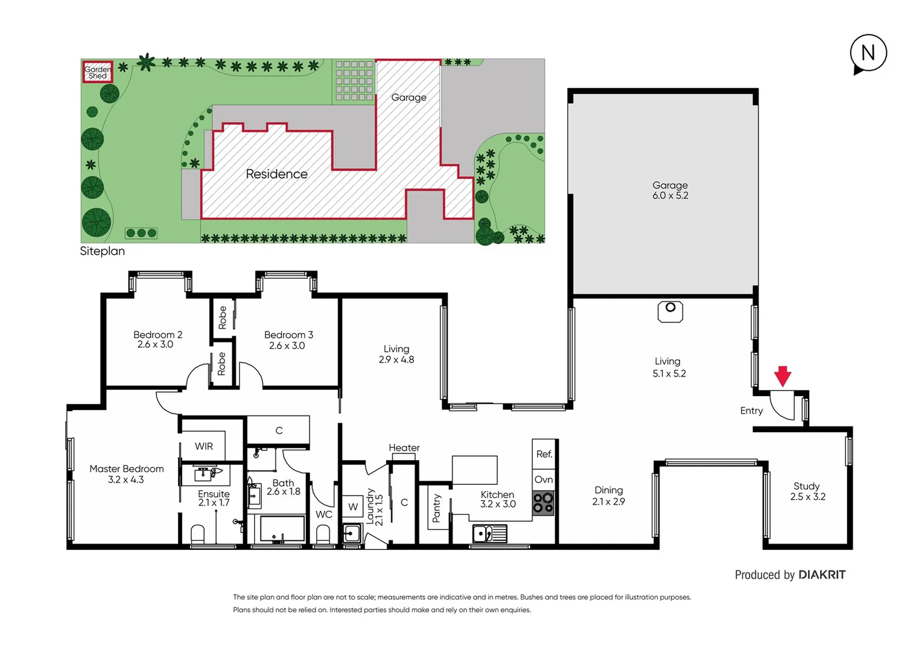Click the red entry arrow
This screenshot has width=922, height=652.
click(783, 376)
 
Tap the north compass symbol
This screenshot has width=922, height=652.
click(868, 53)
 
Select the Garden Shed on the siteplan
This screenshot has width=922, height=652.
click(97, 72)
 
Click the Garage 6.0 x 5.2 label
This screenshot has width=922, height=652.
click(670, 190)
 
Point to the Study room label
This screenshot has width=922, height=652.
click(807, 491)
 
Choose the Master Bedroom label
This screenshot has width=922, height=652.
click(126, 474)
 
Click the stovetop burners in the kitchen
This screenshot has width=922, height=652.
click(543, 502)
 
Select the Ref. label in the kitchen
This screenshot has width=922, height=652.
click(544, 454)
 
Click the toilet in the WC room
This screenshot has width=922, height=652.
click(323, 535)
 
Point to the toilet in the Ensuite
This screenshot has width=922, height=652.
click(198, 535)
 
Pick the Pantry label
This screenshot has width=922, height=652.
click(437, 508)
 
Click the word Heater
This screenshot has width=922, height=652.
click(404, 447)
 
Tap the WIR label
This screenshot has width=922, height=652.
click(203, 446)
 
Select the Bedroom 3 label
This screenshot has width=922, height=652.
click(288, 340)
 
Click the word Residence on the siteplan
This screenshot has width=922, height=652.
click(276, 174)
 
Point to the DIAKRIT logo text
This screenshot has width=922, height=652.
click(821, 575)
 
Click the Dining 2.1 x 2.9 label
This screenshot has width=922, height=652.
click(608, 496)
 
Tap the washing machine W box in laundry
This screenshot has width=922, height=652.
click(353, 507)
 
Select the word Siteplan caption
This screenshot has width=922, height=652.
click(102, 251)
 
